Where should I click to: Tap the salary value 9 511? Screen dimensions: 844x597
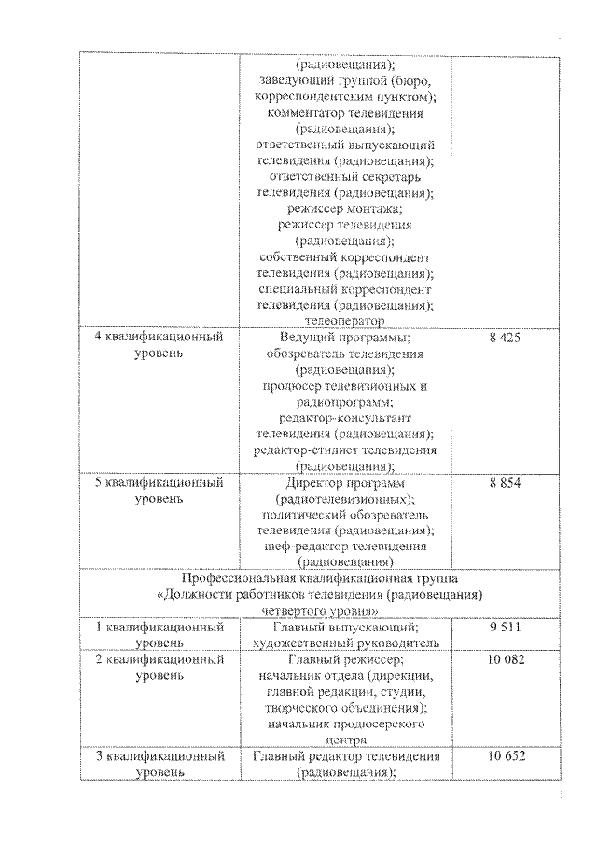[x=504, y=629]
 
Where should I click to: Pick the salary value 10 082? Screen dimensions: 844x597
[x=504, y=659]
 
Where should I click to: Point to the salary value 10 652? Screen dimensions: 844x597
[x=504, y=756]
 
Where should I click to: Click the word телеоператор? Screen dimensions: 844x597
[x=345, y=321]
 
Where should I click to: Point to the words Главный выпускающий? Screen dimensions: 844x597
[x=345, y=629]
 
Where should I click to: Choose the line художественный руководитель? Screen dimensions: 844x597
[x=345, y=643]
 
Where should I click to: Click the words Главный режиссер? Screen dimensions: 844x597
[x=345, y=659]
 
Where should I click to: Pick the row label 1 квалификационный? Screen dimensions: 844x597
[x=160, y=629]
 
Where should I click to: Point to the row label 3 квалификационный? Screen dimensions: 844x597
[x=160, y=756]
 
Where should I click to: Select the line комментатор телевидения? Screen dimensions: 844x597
[x=345, y=113]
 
